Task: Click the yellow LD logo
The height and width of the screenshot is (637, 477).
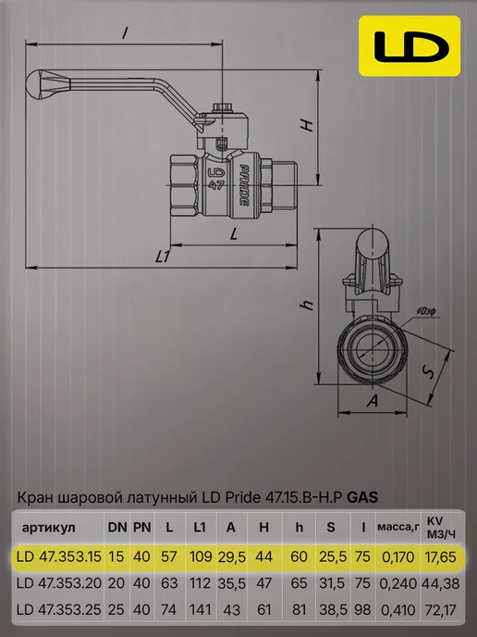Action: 410,46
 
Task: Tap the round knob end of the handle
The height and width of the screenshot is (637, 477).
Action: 36,85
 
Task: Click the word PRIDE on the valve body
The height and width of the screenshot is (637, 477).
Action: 244,185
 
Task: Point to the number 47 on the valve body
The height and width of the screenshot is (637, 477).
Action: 215,185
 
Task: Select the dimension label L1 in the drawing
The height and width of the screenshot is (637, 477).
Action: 163,256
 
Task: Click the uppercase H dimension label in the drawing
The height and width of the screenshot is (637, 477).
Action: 308,126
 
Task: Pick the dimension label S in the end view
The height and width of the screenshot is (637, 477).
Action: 428,371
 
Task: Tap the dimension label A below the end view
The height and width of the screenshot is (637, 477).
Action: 373,402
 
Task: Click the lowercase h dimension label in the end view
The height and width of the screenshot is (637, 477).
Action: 308,305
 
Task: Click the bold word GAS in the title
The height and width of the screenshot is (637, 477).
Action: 363,497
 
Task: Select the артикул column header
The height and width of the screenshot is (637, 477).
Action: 49,528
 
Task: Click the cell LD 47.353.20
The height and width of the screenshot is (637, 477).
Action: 59,583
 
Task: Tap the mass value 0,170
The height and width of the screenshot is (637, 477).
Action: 398,556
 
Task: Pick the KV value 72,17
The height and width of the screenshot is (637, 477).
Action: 441,610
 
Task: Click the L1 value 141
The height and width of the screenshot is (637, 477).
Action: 201,610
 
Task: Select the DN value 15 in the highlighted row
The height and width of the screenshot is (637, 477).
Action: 116,556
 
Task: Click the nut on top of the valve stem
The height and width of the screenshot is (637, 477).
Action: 222,107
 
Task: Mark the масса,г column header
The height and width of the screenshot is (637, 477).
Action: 398,528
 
